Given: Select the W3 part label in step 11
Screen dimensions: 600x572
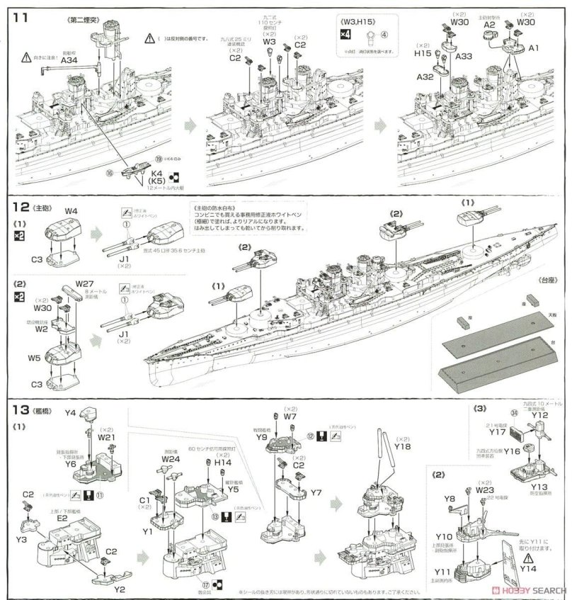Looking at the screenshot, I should tap(269, 42).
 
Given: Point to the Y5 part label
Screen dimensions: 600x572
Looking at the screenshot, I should tap(236, 488).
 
